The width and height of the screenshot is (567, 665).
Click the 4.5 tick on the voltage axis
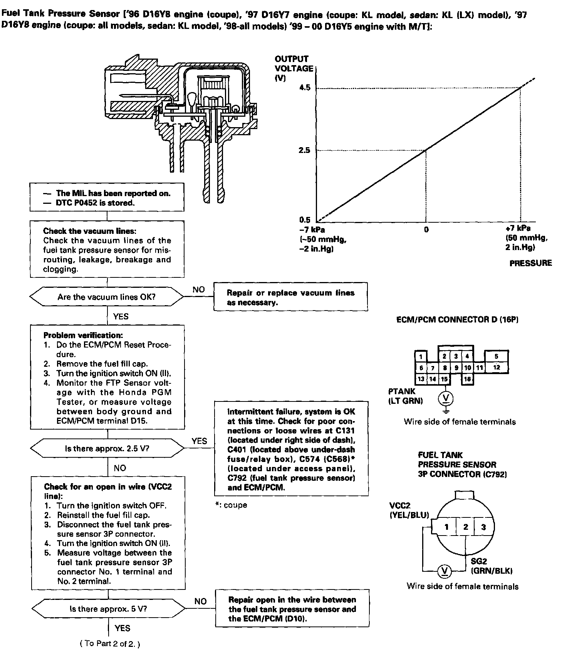coord(305,88)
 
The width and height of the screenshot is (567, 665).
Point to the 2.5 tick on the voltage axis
coord(305,150)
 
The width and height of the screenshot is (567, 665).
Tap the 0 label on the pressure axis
coord(426,230)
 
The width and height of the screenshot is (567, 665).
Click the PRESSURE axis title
coord(530,263)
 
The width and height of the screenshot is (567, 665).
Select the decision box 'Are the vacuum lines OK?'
coord(107,297)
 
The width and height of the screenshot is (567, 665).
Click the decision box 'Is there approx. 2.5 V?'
coord(107,448)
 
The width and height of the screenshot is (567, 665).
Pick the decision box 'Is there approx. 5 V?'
coord(108,609)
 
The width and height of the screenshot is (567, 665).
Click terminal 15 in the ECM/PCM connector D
coord(445,379)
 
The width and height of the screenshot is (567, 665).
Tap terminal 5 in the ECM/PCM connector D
coord(497,356)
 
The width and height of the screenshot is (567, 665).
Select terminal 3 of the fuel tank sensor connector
coord(483,527)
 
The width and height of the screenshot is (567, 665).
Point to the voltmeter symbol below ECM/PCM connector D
coord(446,398)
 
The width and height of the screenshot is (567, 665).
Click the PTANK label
coord(402,391)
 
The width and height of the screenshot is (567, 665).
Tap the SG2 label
coord(479,562)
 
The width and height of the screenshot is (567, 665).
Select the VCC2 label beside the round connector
coord(400,506)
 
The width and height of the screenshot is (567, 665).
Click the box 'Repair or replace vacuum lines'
coord(290,297)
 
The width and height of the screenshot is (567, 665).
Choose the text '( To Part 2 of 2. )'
coord(109,644)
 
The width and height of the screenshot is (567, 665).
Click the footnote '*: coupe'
coord(231,505)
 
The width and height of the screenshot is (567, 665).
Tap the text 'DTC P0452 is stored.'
coord(95,203)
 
